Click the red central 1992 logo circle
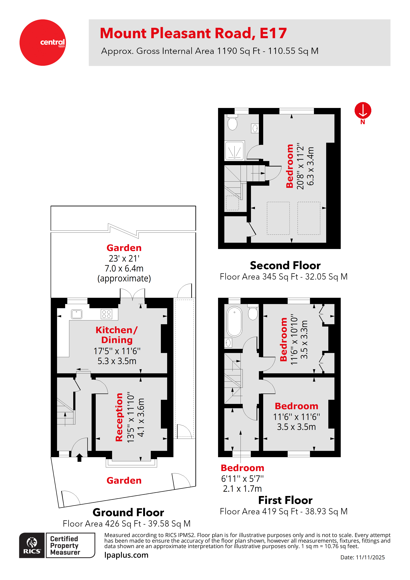pyautogui.click(x=42, y=42)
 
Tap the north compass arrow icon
pyautogui.click(x=363, y=111)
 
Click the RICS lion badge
pyautogui.click(x=32, y=545)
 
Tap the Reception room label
pyautogui.click(x=119, y=417)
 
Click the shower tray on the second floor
pyautogui.click(x=235, y=151)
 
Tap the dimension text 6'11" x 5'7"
pyautogui.click(x=242, y=478)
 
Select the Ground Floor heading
pyautogui.click(x=128, y=513)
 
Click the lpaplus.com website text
pyautogui.click(x=126, y=555)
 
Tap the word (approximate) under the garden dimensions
pyautogui.click(x=124, y=278)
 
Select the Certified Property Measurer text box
pyautogui.click(x=70, y=545)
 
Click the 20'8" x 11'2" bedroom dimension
pyautogui.click(x=300, y=166)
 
